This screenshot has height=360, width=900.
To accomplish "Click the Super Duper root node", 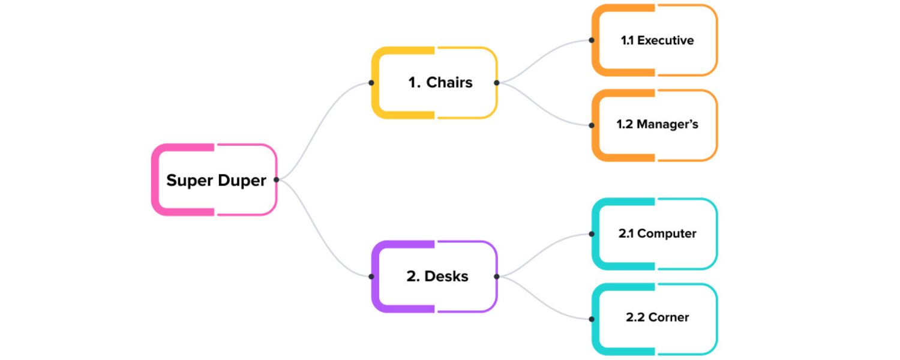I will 214,179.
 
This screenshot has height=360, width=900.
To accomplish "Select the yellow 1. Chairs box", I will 434,83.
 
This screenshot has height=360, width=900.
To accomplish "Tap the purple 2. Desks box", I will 434,277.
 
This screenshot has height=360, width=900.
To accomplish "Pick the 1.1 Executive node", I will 655,40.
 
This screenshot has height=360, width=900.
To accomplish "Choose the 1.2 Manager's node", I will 655,125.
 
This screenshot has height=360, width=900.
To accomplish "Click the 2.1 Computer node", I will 655,233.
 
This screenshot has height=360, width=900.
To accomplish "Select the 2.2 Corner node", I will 655,318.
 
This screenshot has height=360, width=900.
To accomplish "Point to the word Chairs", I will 449,83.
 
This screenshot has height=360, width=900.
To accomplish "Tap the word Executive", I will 665,40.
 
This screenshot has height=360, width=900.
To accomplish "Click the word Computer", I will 667,233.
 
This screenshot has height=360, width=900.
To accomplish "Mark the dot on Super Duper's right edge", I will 276,179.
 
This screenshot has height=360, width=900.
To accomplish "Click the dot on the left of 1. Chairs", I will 371,83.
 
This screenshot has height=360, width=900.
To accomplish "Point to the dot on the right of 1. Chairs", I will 497,83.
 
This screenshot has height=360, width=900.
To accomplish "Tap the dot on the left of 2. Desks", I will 371,277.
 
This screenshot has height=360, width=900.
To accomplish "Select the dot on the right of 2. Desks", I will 497,277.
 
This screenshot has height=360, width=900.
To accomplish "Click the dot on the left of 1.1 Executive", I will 592,40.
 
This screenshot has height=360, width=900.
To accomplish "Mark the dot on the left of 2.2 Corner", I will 592,319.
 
